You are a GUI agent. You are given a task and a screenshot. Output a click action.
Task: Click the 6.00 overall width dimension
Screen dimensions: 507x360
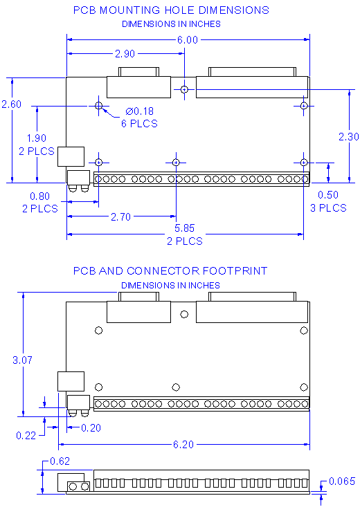click(188, 40)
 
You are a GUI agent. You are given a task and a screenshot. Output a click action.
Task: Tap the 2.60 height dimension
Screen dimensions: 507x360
click(12, 104)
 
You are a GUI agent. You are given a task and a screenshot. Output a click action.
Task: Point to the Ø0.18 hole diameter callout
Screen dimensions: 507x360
click(141, 112)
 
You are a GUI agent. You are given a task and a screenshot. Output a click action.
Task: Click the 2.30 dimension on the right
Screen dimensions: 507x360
click(348, 137)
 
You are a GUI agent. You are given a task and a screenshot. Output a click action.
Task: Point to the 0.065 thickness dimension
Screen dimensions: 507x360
click(343, 481)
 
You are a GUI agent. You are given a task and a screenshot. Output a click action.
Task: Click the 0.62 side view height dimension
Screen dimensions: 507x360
click(59, 461)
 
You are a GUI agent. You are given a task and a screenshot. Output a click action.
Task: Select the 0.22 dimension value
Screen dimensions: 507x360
click(26, 435)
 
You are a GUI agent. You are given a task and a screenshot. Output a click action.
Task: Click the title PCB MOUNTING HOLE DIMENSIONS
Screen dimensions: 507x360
click(171, 10)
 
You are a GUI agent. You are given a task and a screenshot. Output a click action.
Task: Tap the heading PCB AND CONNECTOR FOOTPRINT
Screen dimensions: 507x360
click(170, 271)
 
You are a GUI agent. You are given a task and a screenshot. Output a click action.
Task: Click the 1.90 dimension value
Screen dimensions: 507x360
click(36, 138)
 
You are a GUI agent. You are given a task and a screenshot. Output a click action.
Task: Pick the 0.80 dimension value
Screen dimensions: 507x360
click(40, 196)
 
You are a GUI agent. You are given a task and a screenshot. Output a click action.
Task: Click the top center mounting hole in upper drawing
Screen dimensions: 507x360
click(184, 89)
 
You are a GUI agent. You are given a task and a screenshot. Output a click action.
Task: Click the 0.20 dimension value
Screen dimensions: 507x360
click(91, 428)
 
